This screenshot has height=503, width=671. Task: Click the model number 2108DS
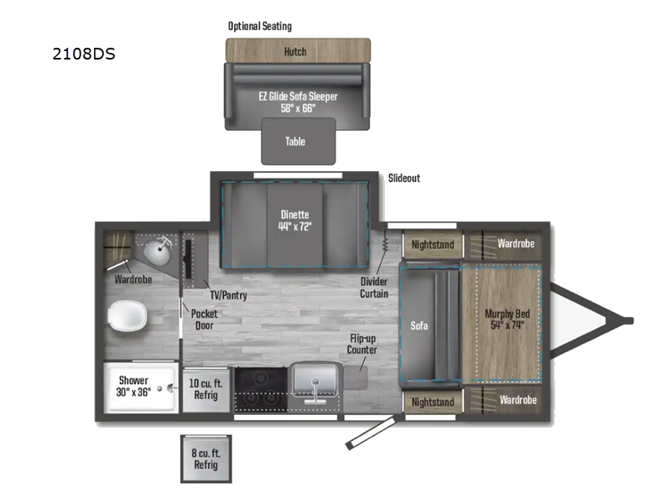coord(83,55)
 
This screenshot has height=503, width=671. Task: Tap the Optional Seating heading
coord(260,26)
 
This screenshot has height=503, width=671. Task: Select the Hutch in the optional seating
coord(295,51)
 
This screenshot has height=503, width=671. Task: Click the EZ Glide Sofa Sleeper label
coord(297,102)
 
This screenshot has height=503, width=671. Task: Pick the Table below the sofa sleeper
coord(295,142)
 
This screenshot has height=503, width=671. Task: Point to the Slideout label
coord(403,179)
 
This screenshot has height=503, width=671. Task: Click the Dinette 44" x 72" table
coord(294,220)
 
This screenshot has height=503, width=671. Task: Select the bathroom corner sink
coord(156,249)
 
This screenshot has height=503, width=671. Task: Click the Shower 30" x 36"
coord(133,386)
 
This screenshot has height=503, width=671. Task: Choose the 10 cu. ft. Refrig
coord(205,386)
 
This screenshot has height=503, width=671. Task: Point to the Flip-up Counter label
coord(363,344)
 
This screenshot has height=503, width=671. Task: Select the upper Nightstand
coord(432,245)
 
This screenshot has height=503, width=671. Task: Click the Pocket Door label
coord(204,319)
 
